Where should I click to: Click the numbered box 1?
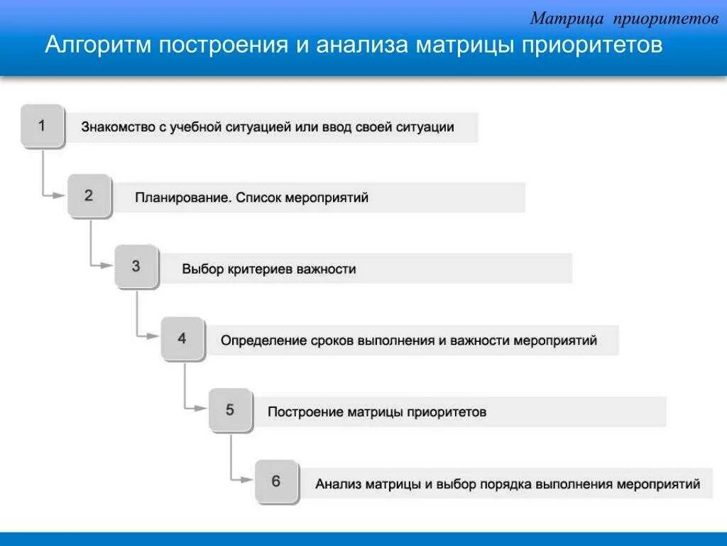(42, 126)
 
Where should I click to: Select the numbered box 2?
(89, 196)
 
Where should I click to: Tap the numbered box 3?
(136, 267)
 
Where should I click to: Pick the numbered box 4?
(182, 338)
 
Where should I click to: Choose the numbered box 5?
(230, 410)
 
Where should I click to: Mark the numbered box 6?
(276, 481)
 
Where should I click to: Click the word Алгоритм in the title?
(99, 46)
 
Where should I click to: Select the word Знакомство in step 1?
(115, 128)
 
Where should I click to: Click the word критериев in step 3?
(259, 269)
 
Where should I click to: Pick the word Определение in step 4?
(263, 341)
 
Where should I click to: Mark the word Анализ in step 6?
(338, 484)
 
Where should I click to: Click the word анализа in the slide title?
(361, 46)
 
